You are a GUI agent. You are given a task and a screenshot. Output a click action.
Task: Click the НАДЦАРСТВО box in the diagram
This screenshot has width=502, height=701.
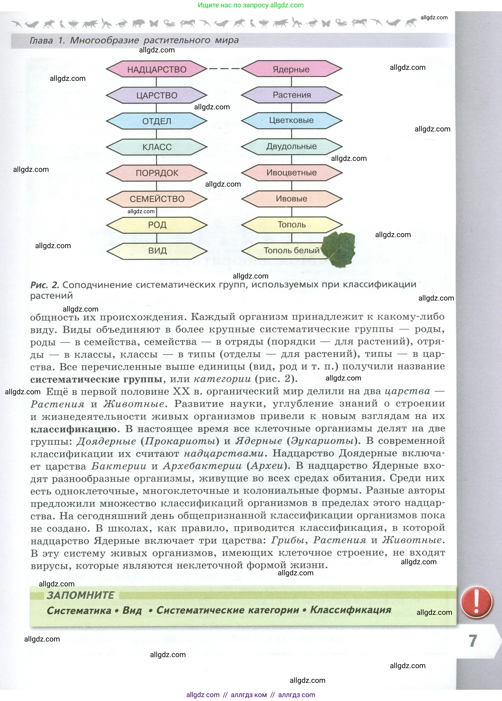tap(157, 69)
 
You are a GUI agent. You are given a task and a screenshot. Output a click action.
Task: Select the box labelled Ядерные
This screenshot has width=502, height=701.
tap(291, 69)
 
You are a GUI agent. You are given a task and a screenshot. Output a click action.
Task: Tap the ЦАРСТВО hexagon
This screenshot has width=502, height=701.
tap(157, 95)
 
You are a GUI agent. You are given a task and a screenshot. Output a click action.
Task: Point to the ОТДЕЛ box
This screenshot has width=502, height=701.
tap(157, 121)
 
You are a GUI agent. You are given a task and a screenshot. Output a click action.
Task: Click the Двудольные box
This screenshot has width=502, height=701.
tap(291, 147)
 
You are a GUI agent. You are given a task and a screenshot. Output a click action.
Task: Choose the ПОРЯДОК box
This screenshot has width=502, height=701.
tap(157, 173)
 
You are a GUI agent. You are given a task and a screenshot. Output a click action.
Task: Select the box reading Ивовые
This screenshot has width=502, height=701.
tap(291, 199)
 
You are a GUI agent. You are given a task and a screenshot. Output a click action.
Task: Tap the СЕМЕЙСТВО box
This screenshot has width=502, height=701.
tap(157, 199)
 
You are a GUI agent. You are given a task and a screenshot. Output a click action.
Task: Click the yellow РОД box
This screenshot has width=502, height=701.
tap(157, 225)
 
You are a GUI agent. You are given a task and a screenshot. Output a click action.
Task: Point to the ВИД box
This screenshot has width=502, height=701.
tap(157, 251)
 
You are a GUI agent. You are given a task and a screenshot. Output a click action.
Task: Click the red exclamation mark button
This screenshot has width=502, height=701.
tap(476, 602)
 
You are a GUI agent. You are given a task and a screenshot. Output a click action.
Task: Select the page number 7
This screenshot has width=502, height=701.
tap(473, 641)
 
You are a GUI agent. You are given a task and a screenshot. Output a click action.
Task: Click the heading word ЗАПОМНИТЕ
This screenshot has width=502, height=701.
tap(80, 595)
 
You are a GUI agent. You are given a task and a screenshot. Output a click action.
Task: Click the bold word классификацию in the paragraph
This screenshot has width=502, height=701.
tap(74, 429)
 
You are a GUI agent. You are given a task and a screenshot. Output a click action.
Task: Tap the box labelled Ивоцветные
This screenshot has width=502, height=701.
tap(291, 173)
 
